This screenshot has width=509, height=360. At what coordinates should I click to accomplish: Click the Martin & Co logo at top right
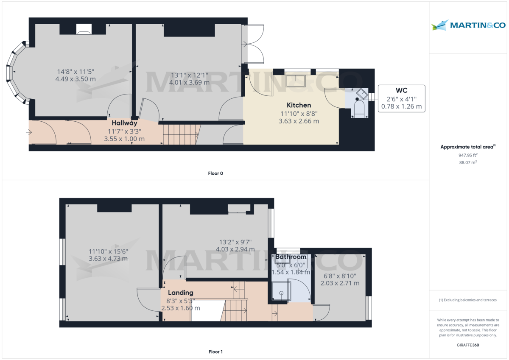tap(468, 25)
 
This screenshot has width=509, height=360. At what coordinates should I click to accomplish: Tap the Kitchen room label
tap(299, 105)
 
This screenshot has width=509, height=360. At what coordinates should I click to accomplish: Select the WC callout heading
tap(401, 90)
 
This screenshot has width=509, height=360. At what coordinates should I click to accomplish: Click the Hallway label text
tap(124, 123)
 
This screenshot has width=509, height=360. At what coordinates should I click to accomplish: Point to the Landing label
tap(180, 293)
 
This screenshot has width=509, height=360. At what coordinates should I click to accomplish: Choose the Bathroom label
tap(291, 257)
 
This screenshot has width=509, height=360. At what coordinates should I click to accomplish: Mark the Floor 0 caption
tap(215, 173)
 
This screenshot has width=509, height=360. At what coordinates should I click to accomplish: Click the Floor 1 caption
tap(215, 352)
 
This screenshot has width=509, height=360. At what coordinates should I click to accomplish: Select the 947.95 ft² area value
tap(468, 155)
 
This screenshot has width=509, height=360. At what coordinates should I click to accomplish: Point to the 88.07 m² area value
tap(468, 162)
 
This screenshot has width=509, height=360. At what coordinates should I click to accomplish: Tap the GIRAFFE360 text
tap(468, 346)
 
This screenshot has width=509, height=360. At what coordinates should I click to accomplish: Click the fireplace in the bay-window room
tap(83, 29)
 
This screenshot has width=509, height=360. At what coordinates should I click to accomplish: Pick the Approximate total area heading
tap(468, 147)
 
